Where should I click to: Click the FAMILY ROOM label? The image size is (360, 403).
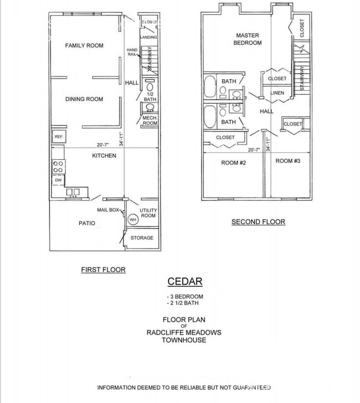click(84, 45)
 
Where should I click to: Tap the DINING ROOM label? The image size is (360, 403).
click(84, 99)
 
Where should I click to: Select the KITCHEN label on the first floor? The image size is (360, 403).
click(104, 156)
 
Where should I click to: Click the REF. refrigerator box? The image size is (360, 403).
click(58, 136)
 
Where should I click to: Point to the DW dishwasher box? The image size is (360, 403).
click(58, 180)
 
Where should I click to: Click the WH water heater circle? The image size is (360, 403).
click(132, 220)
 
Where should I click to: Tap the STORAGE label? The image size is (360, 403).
click(142, 237)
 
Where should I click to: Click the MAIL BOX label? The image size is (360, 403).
click(108, 210)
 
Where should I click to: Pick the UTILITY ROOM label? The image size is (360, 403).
click(148, 213)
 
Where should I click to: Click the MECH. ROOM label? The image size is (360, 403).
click(150, 121)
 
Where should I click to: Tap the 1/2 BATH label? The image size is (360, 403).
click(150, 96)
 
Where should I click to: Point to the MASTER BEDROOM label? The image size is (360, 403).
click(247, 39)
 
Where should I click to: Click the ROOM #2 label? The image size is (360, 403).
click(233, 162)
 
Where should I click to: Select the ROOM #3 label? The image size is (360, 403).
click(287, 161)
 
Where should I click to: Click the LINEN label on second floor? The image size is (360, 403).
click(277, 93)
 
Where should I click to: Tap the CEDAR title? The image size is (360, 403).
click(184, 281)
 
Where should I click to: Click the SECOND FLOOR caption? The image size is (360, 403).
click(258, 221)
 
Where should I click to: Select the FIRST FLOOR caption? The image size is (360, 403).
click(103, 270)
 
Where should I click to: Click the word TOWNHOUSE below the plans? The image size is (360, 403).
click(184, 340)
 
